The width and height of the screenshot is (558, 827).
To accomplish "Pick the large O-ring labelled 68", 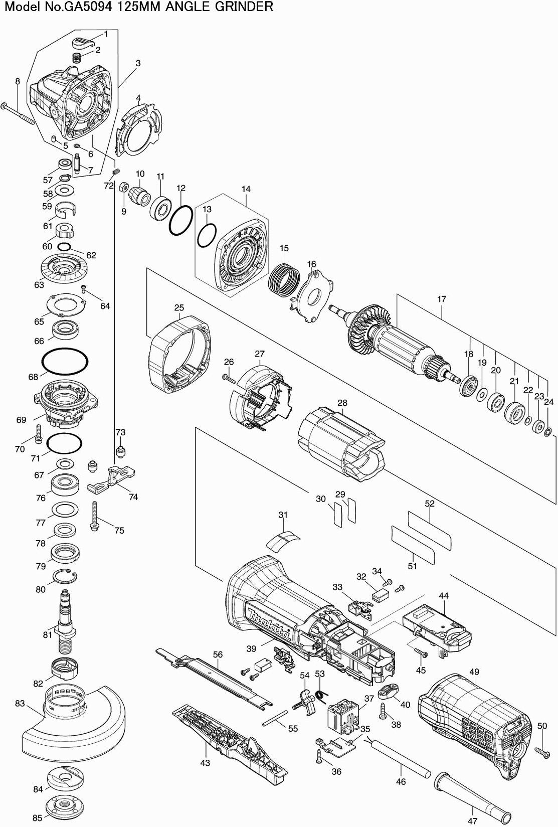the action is [x=65, y=362].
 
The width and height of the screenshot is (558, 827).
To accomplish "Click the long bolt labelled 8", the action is [x=19, y=113].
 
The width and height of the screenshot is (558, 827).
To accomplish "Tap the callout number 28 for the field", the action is [x=342, y=402].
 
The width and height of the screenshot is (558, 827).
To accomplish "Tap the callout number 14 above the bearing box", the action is [x=246, y=189].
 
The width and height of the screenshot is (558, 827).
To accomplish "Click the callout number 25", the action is [x=179, y=307].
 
